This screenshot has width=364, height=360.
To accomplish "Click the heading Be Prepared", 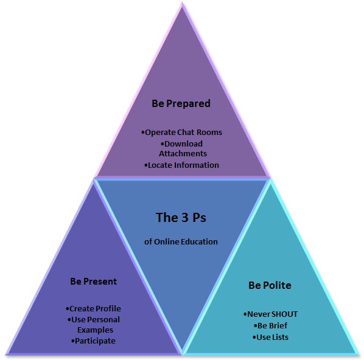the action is coord(181,104).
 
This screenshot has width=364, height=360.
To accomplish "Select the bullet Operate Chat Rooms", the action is coord(181,133).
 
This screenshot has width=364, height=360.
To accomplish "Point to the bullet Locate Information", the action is coord(181,165).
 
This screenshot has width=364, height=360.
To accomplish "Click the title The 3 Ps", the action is coord(181,218).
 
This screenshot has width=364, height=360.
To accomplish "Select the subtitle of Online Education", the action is coord(181,242).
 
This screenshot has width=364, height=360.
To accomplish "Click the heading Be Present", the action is coord(94,282).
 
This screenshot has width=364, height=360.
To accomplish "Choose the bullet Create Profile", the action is coord(93,309).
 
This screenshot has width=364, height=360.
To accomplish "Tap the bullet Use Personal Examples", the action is coord(94,325).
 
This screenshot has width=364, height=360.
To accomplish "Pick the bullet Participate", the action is coord(93,341).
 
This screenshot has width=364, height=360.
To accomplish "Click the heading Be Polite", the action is coord(270,285).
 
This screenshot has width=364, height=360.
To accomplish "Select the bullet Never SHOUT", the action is coord(270,314).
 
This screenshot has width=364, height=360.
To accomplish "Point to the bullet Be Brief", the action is coord(271,326).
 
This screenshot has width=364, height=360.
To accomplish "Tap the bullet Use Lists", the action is coord(271,337).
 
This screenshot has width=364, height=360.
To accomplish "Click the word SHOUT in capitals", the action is coord(284,314).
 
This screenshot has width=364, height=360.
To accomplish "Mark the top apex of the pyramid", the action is coord(182,4).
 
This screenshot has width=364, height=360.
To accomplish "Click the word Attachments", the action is coord(183,154).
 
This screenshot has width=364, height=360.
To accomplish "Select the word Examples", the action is coord(95,330).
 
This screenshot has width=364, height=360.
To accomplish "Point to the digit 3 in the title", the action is coord(181,218).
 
